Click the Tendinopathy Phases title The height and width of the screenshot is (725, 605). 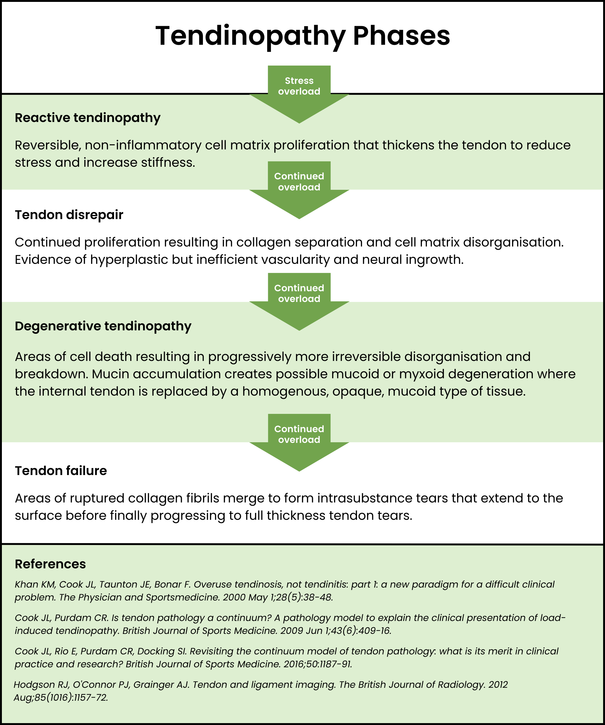(x=302, y=36)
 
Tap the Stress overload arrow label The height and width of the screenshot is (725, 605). (x=299, y=86)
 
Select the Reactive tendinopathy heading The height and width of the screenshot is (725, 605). (x=87, y=118)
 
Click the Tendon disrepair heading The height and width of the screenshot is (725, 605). (x=69, y=215)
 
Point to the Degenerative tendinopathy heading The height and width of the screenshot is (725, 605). (x=103, y=326)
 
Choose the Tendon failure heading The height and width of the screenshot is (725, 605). (x=61, y=471)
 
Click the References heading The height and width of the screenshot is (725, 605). (x=50, y=564)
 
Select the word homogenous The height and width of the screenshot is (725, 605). (x=285, y=391)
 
